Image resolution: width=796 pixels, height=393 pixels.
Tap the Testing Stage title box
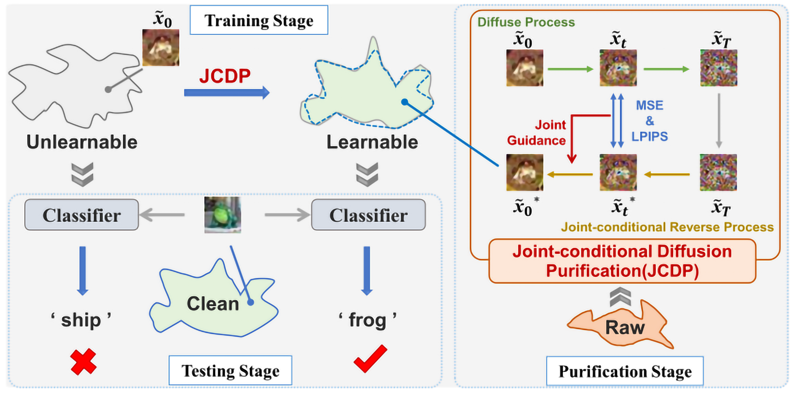230,370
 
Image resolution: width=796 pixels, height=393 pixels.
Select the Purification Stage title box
625,371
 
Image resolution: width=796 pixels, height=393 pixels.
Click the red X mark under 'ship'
83,362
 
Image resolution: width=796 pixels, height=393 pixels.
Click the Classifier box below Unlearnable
82,215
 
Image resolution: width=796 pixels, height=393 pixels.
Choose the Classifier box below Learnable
368,215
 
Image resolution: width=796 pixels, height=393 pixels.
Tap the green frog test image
223,214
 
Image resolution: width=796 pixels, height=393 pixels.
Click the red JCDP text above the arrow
225,76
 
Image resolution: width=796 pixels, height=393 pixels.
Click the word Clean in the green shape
213,304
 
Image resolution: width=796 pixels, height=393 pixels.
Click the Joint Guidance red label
537,133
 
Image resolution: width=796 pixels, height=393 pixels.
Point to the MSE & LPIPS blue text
650,121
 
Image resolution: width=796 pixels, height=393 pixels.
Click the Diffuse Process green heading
526,22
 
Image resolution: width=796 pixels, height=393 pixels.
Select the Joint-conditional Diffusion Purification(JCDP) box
622,261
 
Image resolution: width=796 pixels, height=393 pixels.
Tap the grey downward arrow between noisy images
719,121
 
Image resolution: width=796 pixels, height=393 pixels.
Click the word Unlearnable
82,142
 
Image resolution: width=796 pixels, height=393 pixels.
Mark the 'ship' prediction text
81,320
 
